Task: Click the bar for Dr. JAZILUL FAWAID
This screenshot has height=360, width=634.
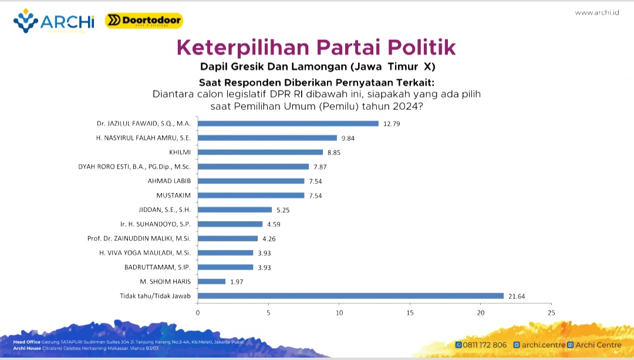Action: click(288, 123)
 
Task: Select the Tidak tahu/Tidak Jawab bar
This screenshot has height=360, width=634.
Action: click(350, 295)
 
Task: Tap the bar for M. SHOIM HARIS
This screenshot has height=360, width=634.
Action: click(211, 281)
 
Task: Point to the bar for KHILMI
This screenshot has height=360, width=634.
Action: click(260, 152)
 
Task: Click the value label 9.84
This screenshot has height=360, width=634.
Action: click(348, 138)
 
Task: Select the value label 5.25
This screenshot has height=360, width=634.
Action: click(283, 210)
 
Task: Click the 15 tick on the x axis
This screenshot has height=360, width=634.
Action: click(410, 312)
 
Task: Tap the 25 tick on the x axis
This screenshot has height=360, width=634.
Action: click(551, 312)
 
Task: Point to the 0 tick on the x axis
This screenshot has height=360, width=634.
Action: click(198, 312)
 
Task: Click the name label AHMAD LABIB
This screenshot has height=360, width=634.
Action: click(169, 181)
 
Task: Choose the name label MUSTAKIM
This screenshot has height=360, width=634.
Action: click(173, 195)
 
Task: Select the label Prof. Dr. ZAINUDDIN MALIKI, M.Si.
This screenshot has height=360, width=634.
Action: click(139, 238)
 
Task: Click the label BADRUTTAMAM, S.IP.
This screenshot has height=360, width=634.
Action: click(157, 267)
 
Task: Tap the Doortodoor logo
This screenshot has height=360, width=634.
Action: click(144, 21)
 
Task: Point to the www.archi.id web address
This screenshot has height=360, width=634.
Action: click(597, 12)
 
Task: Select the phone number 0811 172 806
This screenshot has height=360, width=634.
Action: click(481, 345)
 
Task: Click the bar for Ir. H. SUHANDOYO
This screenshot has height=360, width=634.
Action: click(230, 224)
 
